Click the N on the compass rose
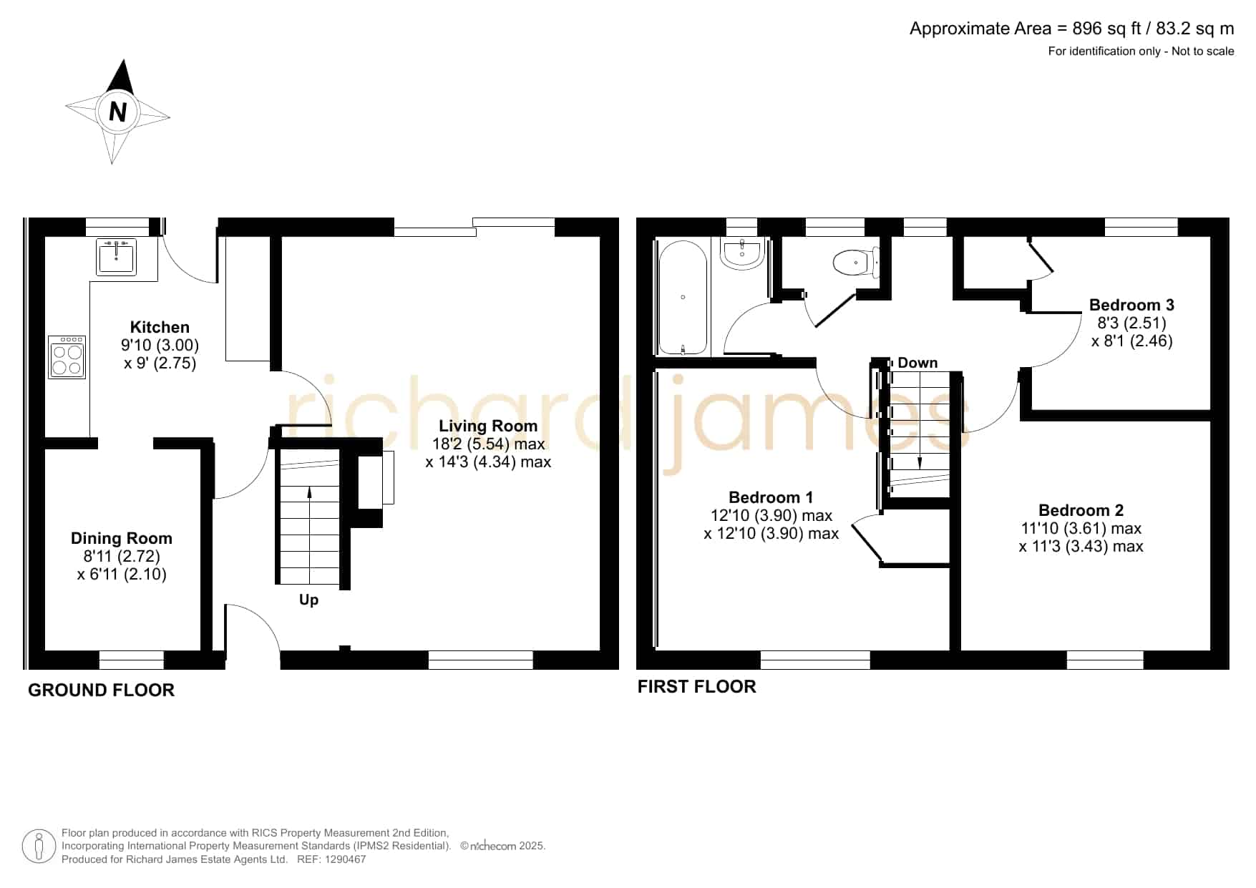(117, 112)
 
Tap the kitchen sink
(117, 257)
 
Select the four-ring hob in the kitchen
(67, 357)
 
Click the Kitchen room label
(160, 327)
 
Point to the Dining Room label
(122, 538)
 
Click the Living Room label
(488, 426)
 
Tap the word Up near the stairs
(308, 600)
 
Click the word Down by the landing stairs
(917, 363)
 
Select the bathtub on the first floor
(683, 297)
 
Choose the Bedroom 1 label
(771, 497)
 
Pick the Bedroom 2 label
(1081, 510)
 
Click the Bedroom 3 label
(1131, 305)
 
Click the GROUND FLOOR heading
(101, 690)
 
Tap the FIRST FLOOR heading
(696, 686)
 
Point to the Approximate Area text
(1071, 29)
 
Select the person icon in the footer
(39, 847)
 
